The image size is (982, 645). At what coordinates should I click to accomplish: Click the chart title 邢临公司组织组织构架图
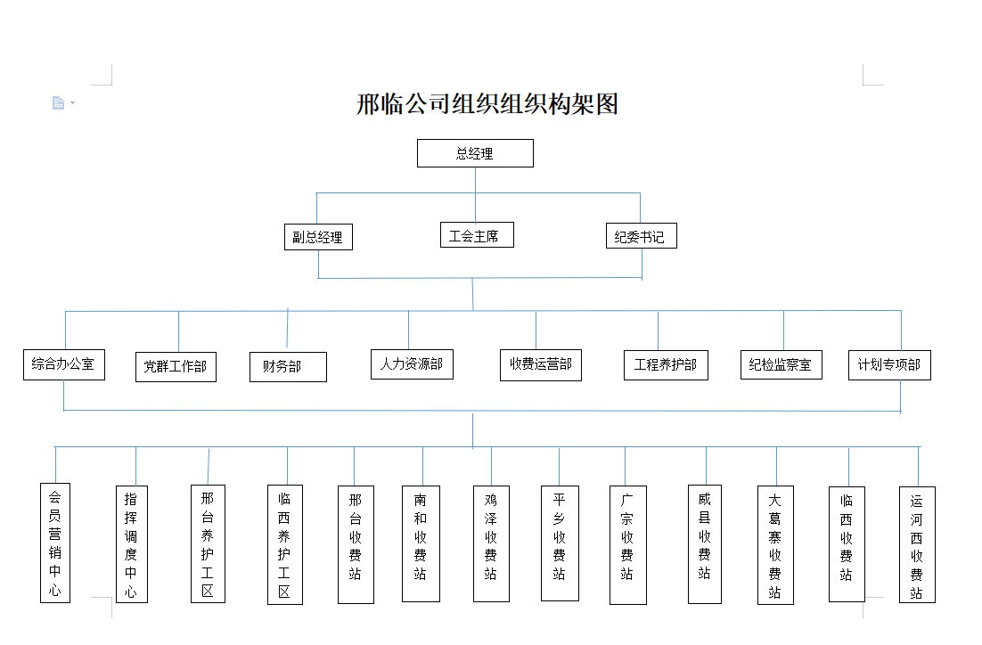point(487,104)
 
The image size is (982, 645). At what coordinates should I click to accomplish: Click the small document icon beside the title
point(58,102)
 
